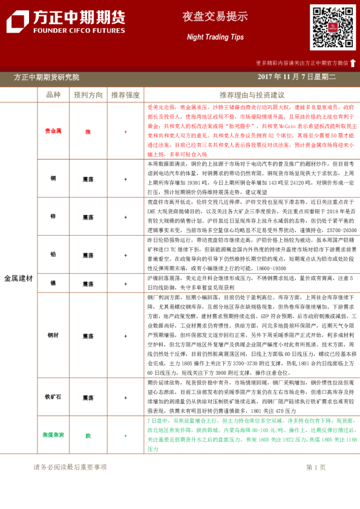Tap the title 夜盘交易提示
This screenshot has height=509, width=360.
coord(206,16)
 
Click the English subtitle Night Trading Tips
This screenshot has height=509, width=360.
coord(206,37)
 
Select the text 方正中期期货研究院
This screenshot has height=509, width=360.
coord(47,77)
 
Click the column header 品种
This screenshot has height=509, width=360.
coord(53,95)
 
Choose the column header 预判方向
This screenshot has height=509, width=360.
coord(88,95)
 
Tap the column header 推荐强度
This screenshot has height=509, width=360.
coord(125,95)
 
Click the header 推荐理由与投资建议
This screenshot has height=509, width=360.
coord(252,95)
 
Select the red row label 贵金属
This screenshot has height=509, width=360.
coord(53,131)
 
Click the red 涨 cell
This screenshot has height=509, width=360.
coord(88,131)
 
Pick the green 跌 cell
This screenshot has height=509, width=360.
coord(88,435)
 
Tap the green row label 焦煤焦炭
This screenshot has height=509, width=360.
coord(53,435)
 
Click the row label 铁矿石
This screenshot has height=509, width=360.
coord(53,398)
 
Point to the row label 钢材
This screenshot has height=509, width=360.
coord(53,335)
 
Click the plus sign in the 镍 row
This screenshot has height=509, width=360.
coord(125,284)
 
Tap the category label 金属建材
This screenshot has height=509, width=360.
coord(18,279)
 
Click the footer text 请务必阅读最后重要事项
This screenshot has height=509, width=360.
coord(70,467)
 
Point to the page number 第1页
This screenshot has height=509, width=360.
coord(316,467)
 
